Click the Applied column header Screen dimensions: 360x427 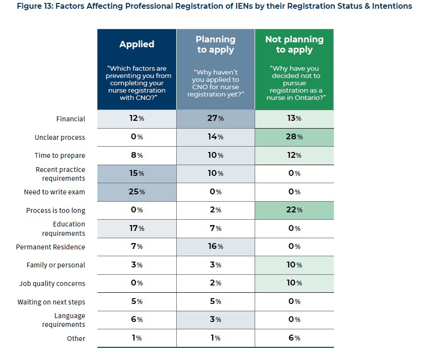(x=137, y=44)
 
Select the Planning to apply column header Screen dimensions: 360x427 (x=215, y=44)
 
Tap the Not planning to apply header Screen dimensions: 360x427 (x=294, y=44)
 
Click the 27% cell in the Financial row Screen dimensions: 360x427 (x=215, y=119)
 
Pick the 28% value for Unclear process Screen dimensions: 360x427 (x=294, y=137)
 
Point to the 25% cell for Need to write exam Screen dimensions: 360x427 (x=137, y=192)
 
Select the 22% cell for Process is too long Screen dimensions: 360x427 (x=294, y=210)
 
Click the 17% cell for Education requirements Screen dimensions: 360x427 (x=137, y=228)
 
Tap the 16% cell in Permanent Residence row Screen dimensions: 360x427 (x=215, y=246)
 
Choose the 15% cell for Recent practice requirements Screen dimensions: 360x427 (x=137, y=173)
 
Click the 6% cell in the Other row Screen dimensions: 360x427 (x=294, y=338)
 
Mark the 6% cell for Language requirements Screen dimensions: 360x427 (x=137, y=320)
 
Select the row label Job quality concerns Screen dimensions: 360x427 (x=52, y=284)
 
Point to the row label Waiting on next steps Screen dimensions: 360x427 (x=51, y=302)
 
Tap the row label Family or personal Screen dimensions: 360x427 (x=56, y=265)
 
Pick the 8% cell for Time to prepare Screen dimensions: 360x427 (x=137, y=155)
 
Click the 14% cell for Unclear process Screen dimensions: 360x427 (x=215, y=137)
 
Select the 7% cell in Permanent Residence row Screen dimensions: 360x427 (x=137, y=246)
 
